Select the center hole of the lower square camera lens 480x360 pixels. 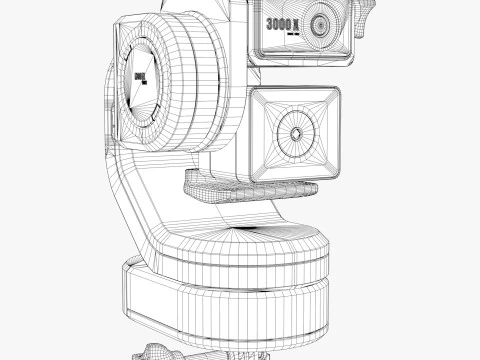pyautogui.click(x=297, y=132)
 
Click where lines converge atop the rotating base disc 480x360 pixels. pyautogui.click(x=240, y=233)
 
